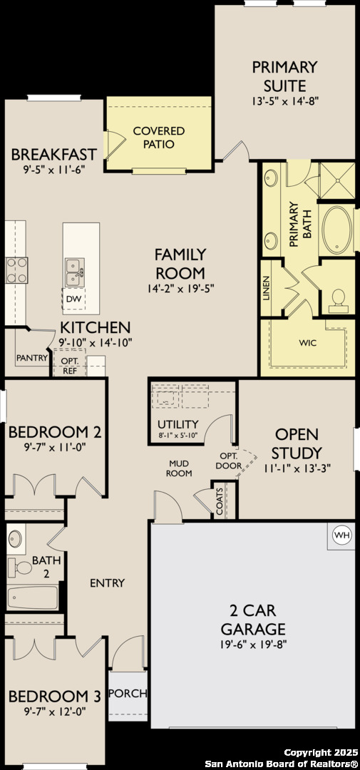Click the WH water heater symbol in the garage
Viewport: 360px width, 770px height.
[342, 535]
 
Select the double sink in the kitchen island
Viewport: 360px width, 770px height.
[75, 272]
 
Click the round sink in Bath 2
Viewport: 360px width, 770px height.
[15, 539]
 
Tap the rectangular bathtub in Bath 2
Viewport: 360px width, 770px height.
[32, 597]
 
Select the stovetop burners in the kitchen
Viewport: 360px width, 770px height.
[17, 271]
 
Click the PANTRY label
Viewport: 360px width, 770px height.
[32, 357]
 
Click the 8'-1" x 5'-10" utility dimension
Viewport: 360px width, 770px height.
[178, 435]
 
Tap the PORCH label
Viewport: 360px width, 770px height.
[128, 694]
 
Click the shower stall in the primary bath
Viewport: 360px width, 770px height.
[337, 180]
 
